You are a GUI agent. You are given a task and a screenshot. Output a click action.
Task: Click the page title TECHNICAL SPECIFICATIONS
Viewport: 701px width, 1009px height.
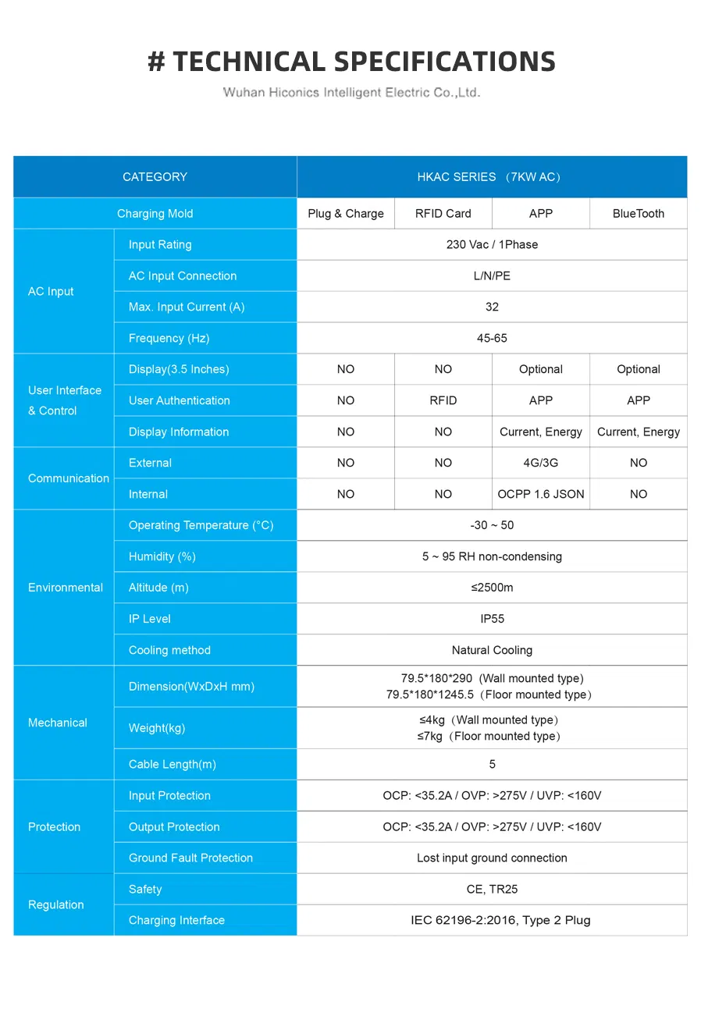point(351,62)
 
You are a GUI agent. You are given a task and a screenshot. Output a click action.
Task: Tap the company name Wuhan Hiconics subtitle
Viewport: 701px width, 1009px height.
point(351,93)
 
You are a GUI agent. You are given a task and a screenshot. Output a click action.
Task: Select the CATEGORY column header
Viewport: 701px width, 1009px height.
point(155,177)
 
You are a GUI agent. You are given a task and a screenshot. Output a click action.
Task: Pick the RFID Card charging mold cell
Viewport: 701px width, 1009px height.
point(443,214)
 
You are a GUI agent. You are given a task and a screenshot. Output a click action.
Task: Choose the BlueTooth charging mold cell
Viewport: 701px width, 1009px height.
point(638,214)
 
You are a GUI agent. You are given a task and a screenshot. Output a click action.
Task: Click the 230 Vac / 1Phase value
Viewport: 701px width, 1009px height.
point(492,245)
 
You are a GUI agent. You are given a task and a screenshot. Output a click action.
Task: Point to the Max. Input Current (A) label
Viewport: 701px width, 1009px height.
point(187,307)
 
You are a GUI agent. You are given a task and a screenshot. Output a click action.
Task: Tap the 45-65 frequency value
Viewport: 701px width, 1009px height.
point(492,339)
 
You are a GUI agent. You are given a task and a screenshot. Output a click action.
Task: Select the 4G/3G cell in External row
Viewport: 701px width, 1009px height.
point(540,464)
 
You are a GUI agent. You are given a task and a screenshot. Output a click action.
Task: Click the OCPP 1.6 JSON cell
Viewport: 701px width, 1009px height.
point(540,495)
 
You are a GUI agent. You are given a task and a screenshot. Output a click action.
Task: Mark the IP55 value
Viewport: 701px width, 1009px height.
point(492,620)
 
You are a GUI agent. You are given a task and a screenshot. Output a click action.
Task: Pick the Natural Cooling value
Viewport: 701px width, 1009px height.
point(492,651)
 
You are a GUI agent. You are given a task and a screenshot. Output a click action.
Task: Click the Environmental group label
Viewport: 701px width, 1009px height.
point(66,588)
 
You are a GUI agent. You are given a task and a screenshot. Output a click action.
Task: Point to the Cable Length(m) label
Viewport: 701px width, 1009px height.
point(173,765)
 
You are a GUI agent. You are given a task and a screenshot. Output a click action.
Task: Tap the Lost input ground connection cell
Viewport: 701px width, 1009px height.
point(492,858)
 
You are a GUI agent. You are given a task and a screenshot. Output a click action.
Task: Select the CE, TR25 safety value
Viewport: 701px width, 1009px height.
point(492,890)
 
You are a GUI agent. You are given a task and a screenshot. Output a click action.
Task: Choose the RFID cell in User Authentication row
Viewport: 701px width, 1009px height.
point(443,401)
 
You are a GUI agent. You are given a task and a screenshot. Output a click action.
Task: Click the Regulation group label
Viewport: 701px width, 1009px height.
point(55,905)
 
